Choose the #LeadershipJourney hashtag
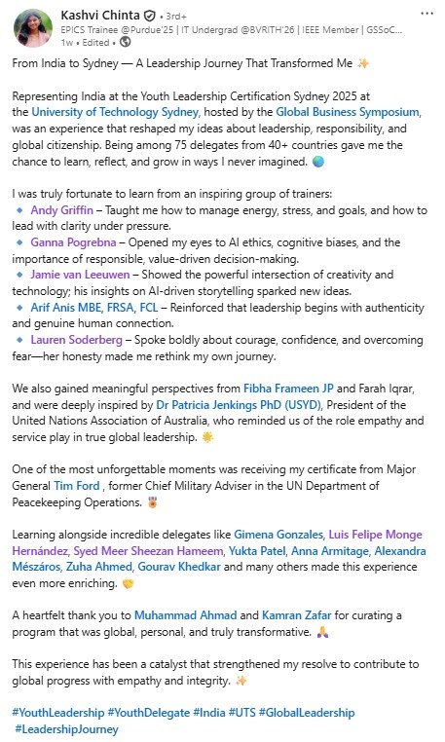[x=66, y=729]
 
